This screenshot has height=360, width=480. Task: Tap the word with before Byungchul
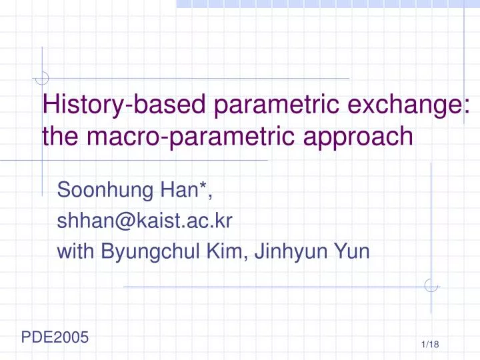77,252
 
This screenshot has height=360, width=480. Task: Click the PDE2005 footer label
55,337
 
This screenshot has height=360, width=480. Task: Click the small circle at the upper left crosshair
42,79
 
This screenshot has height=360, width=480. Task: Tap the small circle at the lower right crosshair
431,285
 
